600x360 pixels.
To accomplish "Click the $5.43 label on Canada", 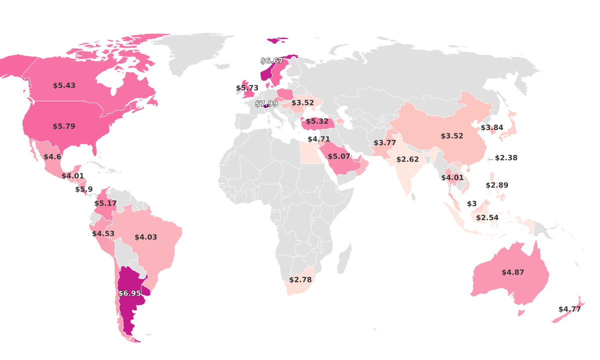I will coord(64,85).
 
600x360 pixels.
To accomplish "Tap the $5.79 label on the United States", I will coord(64,126).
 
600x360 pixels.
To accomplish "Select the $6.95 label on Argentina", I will coord(129,293).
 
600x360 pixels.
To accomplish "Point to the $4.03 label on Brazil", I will coord(145,237).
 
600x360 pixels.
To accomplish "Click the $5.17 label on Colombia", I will coord(105,203).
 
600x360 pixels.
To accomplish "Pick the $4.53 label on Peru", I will coord(103,233).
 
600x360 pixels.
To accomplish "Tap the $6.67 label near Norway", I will coord(272,61).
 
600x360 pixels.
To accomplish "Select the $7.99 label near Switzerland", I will coord(266,103).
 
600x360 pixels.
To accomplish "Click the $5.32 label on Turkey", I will coord(317,121).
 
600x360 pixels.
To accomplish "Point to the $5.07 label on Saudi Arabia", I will coord(339,156).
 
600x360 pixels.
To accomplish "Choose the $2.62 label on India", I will coord(407,159).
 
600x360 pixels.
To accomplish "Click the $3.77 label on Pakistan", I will coord(385,143).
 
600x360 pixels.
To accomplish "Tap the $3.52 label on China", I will coord(452,136).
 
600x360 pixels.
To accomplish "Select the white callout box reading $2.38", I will coord(506,157).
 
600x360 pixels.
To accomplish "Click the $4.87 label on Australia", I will coord(513,272).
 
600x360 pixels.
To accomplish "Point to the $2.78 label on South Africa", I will coord(300,279).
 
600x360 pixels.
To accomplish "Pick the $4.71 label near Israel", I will coord(318,139).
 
